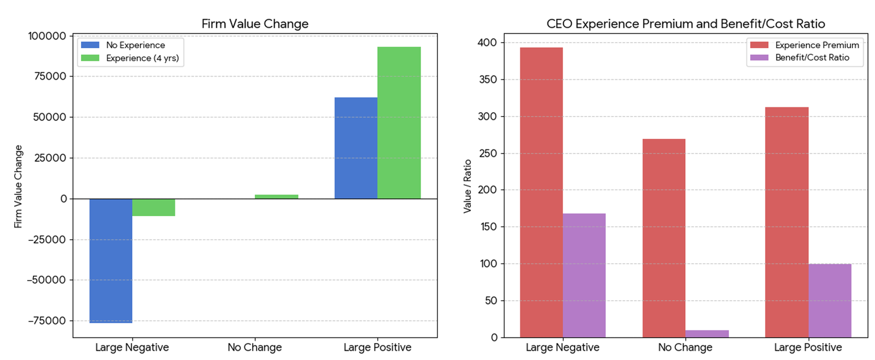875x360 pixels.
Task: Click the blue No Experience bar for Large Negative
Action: (110, 260)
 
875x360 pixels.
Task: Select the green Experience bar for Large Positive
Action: (399, 123)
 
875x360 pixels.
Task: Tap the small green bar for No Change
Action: (276, 196)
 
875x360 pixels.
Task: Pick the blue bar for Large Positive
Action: (355, 148)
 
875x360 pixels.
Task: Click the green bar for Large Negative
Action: (154, 207)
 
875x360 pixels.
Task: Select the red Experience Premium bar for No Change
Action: (663, 238)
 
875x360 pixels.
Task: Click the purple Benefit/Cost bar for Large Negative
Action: (584, 275)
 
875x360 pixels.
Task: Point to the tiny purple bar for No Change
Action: (707, 334)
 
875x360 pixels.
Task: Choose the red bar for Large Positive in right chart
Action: (786, 222)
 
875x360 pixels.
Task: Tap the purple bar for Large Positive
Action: (830, 300)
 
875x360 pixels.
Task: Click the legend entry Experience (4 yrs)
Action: (142, 58)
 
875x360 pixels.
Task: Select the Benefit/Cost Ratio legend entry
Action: (812, 57)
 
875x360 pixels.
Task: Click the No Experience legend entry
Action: (135, 45)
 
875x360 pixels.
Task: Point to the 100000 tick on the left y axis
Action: (46, 36)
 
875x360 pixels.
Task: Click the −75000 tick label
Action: (46, 321)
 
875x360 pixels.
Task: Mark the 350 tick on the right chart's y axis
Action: (487, 79)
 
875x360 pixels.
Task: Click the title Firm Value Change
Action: (255, 24)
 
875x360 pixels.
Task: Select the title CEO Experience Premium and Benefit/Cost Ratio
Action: (685, 24)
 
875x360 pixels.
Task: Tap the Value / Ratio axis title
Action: (467, 186)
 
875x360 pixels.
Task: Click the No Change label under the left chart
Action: (254, 347)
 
